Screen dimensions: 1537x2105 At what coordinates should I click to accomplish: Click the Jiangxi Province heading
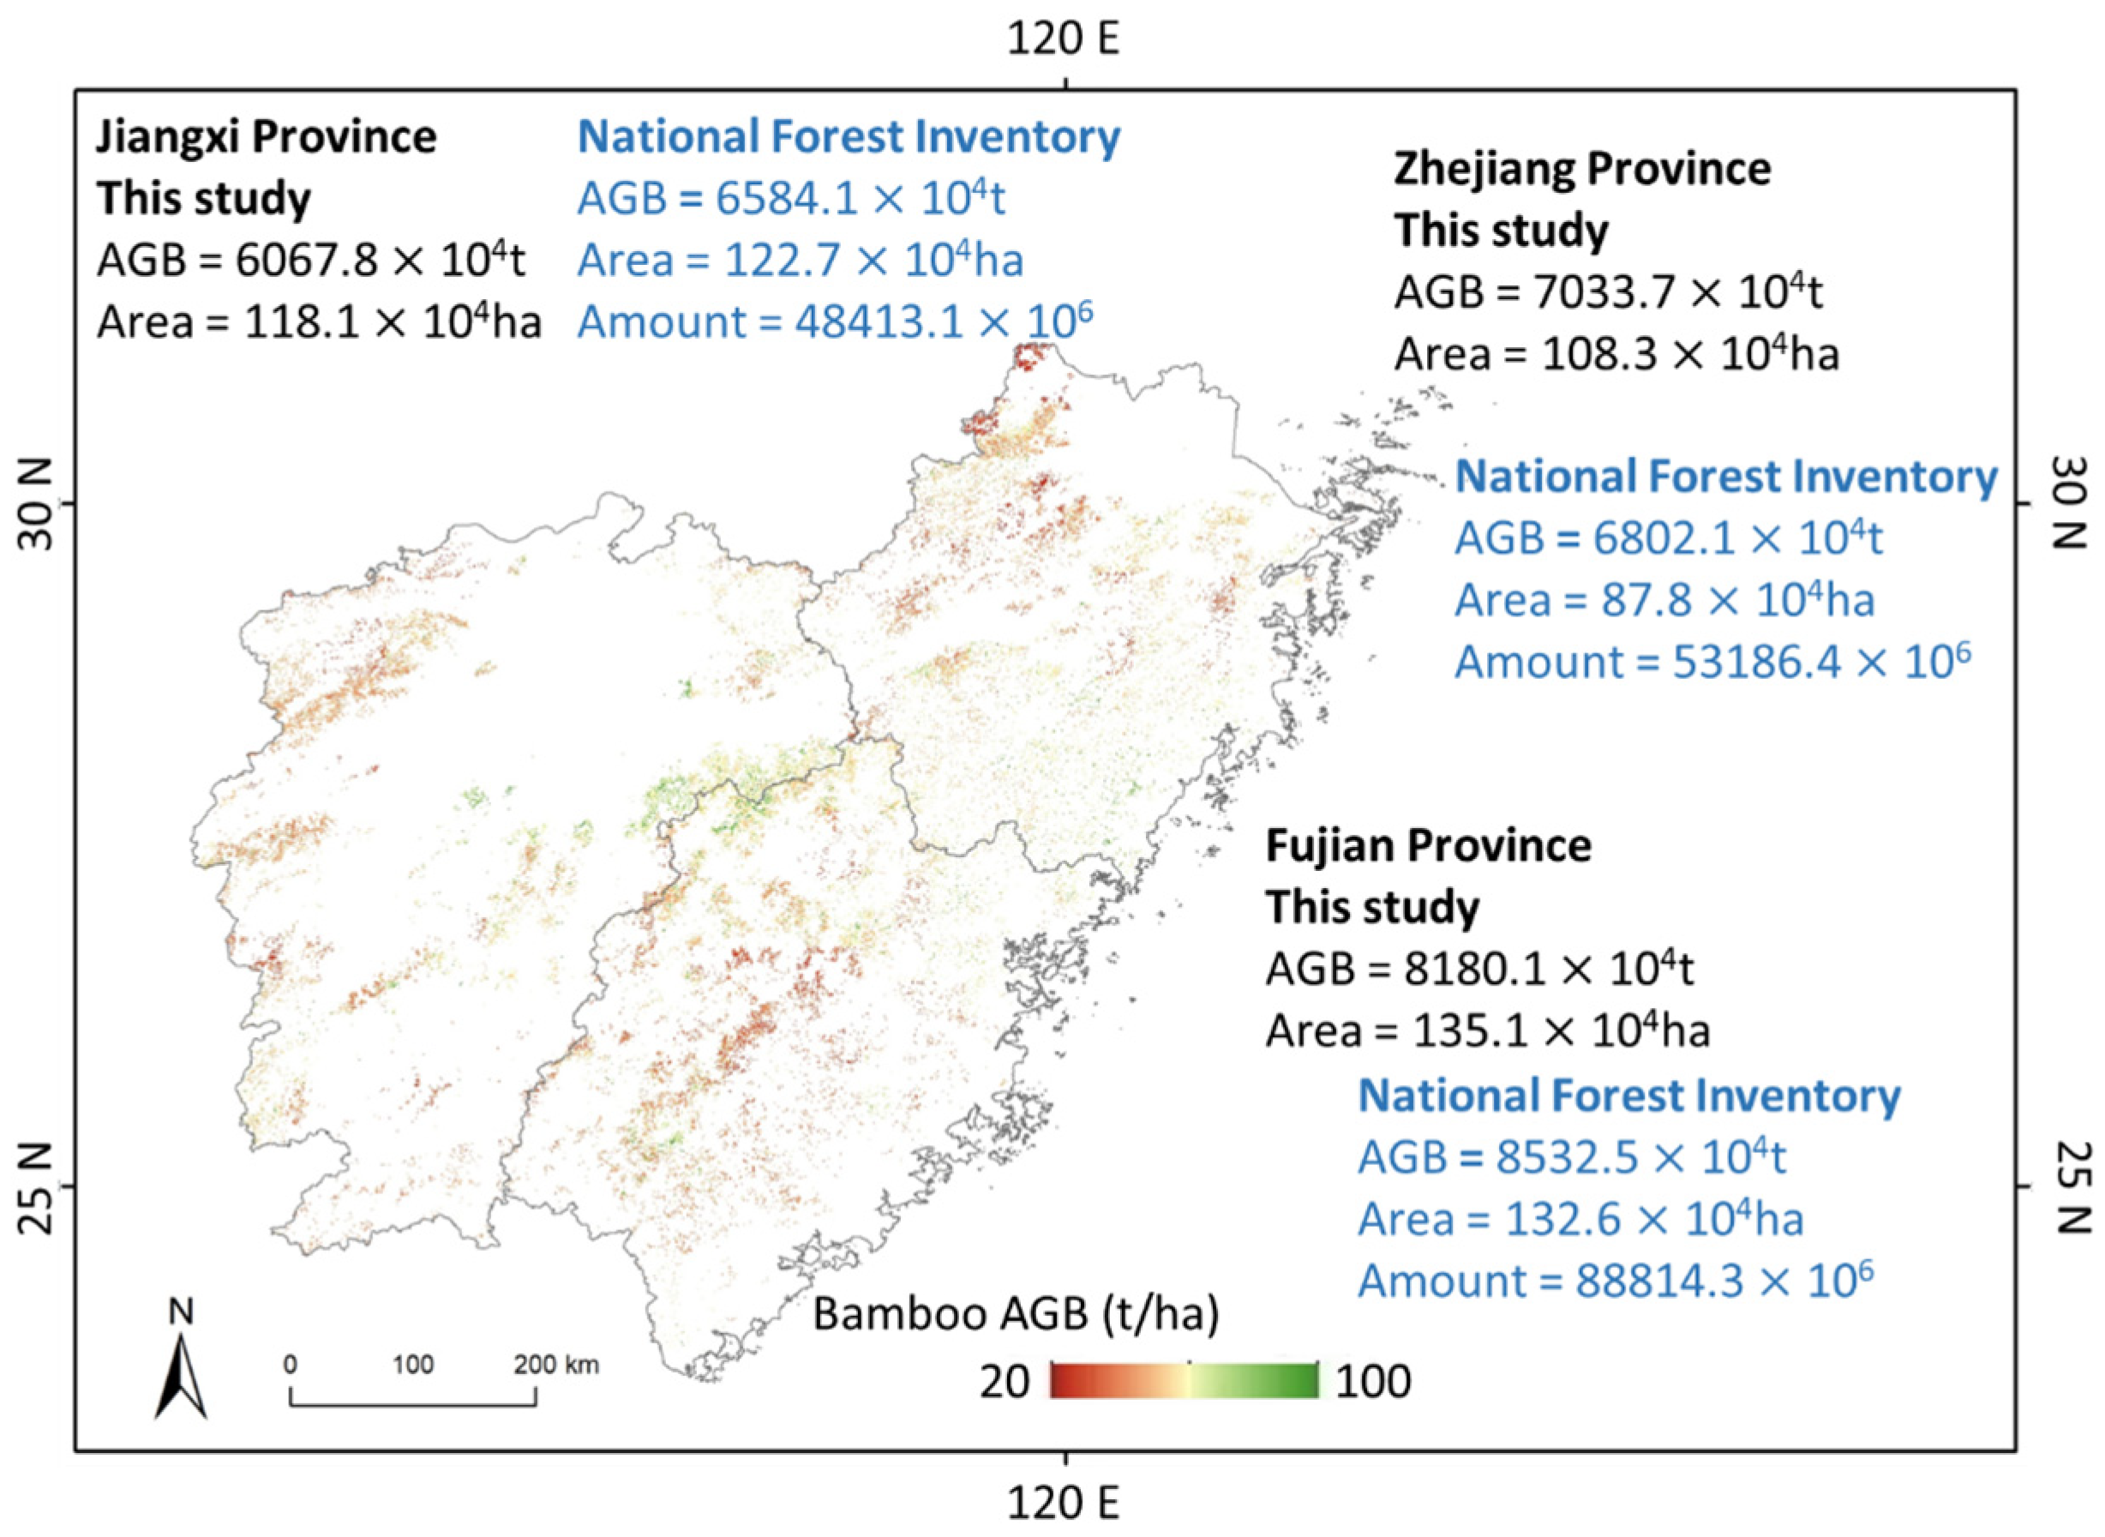pos(266,138)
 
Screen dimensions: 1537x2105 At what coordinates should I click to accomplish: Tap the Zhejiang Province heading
pos(1581,170)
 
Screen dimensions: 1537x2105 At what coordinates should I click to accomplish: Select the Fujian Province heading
pos(1428,846)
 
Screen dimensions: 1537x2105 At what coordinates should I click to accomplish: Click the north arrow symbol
pos(182,1373)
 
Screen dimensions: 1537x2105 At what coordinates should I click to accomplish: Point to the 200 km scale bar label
pos(556,1365)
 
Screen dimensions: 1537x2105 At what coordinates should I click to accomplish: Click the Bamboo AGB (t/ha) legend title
pos(1015,1314)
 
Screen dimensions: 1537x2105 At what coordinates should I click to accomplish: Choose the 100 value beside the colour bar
pos(1373,1382)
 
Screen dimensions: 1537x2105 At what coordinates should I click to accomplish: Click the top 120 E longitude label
pos(1063,40)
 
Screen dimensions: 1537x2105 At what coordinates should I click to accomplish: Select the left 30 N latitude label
pos(37,504)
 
